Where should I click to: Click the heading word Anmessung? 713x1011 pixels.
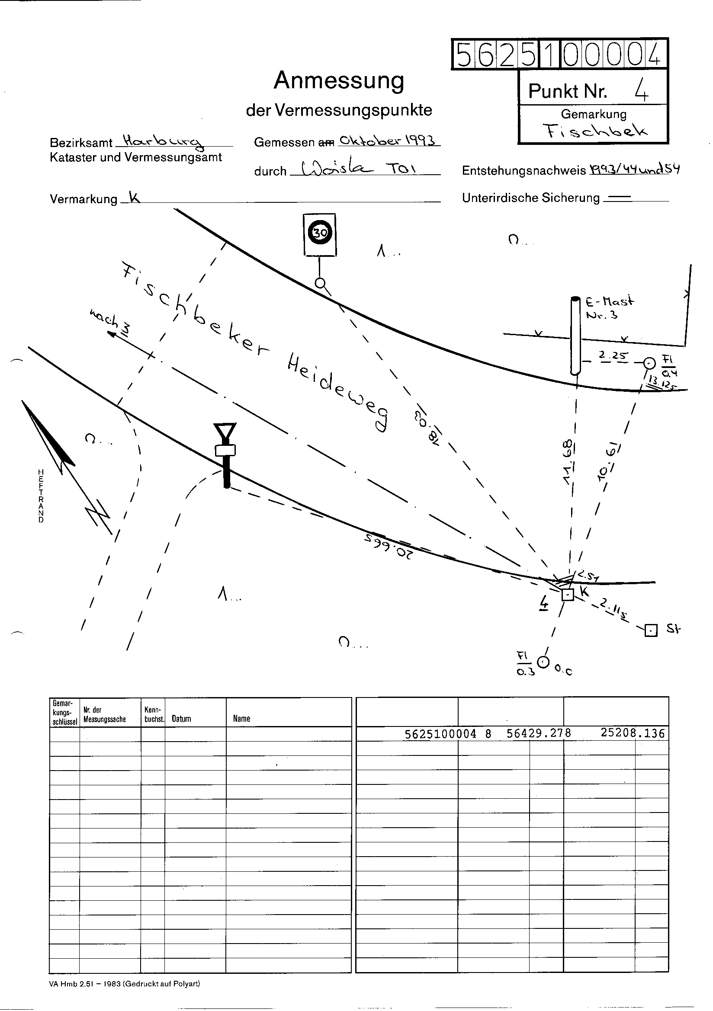tap(338, 80)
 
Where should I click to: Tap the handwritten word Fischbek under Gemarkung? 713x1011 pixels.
tap(595, 130)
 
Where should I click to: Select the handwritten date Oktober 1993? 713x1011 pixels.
tap(388, 141)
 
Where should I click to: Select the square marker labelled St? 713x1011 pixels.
tap(650, 630)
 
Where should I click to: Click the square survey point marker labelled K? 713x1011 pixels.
tap(568, 595)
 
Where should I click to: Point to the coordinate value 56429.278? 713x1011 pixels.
tap(539, 733)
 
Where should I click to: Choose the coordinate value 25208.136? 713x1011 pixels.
tap(632, 733)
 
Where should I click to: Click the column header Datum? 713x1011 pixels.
tap(182, 719)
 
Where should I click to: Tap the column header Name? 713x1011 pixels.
tap(241, 719)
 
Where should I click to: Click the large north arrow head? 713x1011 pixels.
tap(48, 434)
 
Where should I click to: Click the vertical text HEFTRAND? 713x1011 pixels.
tap(41, 496)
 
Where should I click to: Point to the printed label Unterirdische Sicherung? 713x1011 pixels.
tap(530, 198)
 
